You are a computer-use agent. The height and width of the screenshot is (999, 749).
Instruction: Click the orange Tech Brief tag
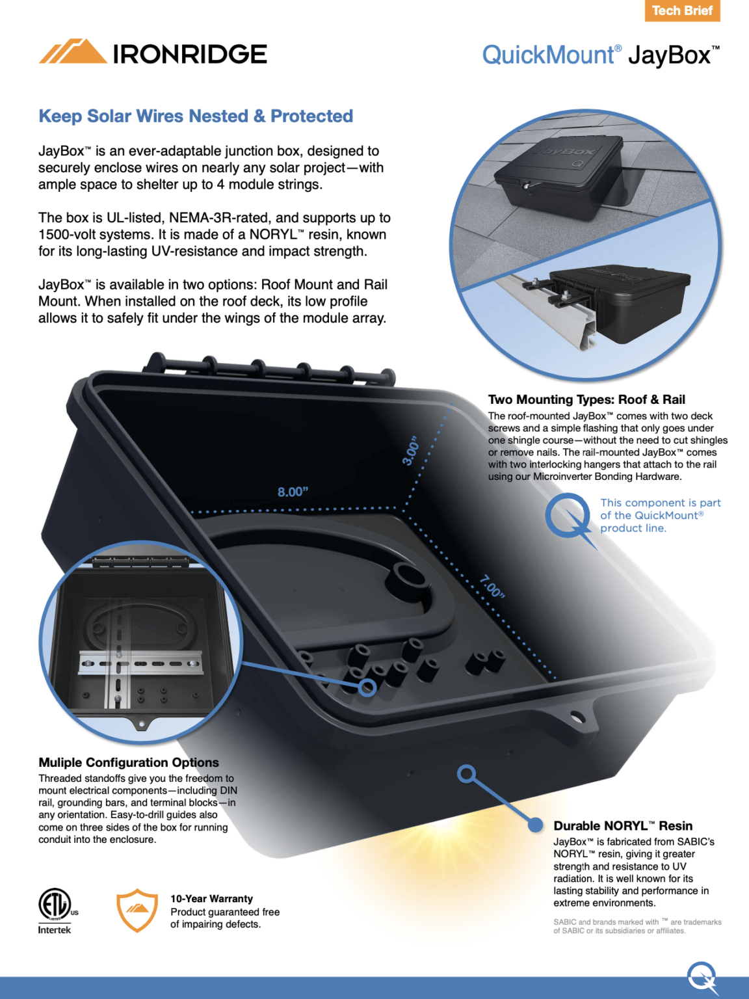[682, 11]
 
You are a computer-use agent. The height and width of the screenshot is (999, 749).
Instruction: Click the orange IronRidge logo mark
[73, 52]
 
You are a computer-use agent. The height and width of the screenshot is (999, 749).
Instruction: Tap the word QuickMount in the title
[547, 55]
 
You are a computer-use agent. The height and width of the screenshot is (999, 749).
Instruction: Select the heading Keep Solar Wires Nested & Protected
[196, 116]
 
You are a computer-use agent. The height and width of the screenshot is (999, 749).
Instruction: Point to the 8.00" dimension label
[293, 492]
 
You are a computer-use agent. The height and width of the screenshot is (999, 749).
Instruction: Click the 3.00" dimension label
[411, 451]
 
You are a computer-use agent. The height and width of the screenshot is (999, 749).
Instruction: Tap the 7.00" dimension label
[492, 586]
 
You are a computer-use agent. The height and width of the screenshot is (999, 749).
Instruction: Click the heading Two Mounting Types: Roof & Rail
[586, 399]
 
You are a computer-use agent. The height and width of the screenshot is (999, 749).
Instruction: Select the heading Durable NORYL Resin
[622, 825]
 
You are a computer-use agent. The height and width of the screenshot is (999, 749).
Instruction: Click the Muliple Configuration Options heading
[129, 762]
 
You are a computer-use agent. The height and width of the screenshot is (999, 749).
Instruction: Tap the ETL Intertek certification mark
[55, 910]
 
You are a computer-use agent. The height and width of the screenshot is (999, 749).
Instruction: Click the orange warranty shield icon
[137, 910]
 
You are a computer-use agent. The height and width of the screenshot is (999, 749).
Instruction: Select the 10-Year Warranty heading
[211, 899]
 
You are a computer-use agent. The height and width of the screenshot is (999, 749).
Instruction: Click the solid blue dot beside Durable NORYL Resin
[535, 825]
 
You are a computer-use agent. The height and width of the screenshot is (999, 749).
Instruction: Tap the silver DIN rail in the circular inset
[140, 664]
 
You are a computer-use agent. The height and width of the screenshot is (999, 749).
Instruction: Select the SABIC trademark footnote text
[637, 926]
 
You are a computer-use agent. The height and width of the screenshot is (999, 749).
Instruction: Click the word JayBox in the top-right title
[669, 55]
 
